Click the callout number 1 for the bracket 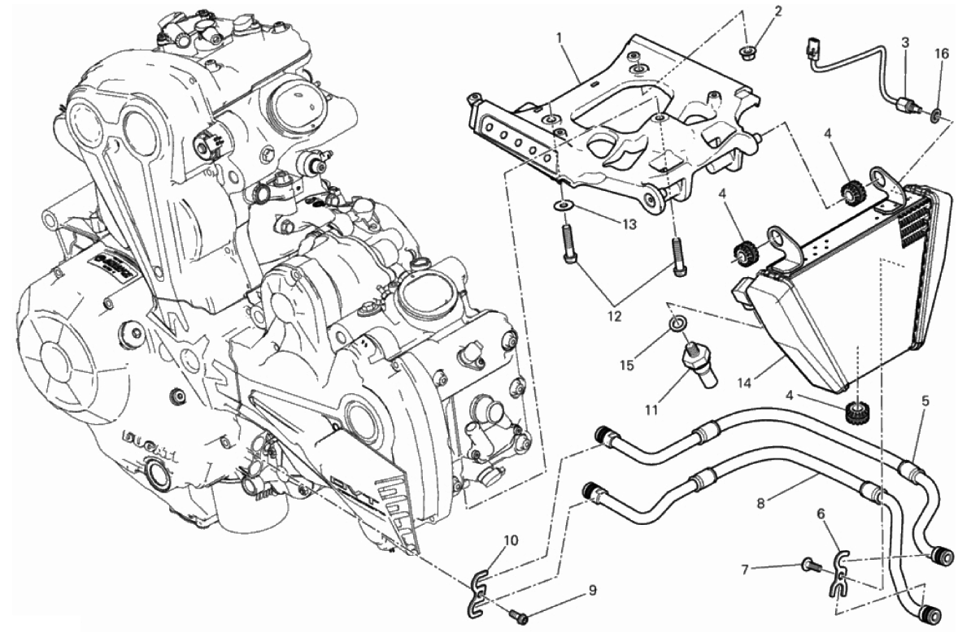pyautogui.click(x=560, y=37)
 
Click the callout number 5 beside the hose pyautogui.click(x=925, y=401)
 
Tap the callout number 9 pyautogui.click(x=591, y=590)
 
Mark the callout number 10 pyautogui.click(x=510, y=539)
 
